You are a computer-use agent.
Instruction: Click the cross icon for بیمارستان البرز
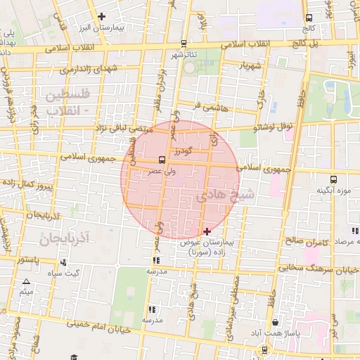(x=103, y=16)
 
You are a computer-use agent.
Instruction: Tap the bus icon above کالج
(x=309, y=18)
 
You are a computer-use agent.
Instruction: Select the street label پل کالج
(x=323, y=44)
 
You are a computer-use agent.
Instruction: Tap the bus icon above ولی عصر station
(x=162, y=159)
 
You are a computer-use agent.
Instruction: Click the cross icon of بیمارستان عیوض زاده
(x=207, y=231)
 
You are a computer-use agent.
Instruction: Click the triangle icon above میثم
(x=27, y=281)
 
